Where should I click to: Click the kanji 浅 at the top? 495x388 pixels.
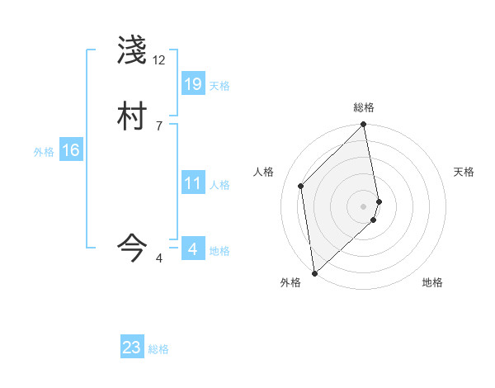[x=132, y=51]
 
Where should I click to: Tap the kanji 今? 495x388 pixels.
[x=132, y=246]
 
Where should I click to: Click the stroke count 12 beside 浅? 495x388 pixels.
[x=159, y=60]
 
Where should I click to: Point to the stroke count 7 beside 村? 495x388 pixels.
[x=159, y=125]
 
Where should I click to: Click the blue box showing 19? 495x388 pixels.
[x=193, y=83]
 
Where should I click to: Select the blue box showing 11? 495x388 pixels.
[x=193, y=183]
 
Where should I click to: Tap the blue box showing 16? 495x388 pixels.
[x=71, y=150]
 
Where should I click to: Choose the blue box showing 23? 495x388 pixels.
[x=132, y=348]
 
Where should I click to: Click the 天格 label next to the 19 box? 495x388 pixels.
[x=219, y=86]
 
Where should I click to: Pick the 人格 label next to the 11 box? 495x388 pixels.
[x=219, y=186]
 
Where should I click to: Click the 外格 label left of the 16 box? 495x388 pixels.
[x=44, y=152]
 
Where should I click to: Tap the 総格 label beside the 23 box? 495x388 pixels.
[x=158, y=349]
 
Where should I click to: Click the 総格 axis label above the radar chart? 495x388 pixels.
[x=364, y=107]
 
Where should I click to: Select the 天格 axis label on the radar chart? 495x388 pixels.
[x=464, y=172]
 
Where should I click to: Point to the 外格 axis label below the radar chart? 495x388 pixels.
[x=290, y=283]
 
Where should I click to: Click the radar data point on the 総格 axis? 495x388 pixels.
[x=364, y=125]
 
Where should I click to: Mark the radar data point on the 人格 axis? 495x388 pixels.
[x=301, y=186]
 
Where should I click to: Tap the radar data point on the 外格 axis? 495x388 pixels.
[x=314, y=272]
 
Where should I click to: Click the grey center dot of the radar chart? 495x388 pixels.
[x=364, y=206]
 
